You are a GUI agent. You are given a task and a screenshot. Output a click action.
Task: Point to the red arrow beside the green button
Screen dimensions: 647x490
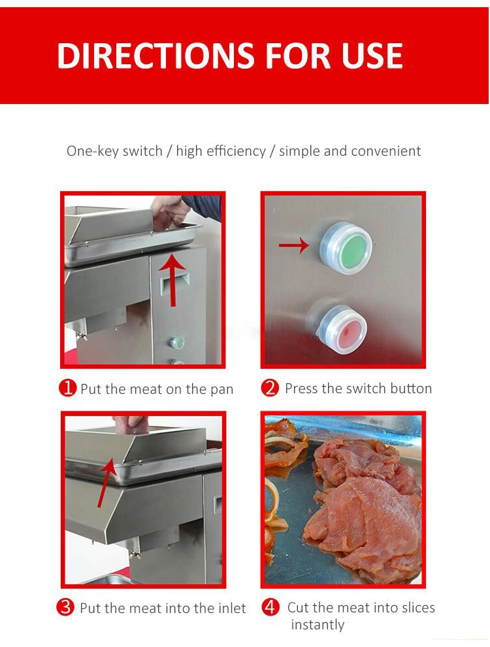coord(293,246)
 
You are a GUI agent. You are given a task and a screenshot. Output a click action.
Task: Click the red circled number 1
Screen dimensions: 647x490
coord(68,389)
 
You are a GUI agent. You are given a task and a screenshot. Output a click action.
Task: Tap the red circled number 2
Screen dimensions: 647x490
coord(270,388)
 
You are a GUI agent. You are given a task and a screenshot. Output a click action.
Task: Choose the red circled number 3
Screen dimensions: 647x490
coord(65,607)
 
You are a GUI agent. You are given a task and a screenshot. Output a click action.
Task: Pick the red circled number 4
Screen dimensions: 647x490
coord(270,607)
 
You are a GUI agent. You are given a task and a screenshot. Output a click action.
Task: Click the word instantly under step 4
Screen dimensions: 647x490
coord(318,625)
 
